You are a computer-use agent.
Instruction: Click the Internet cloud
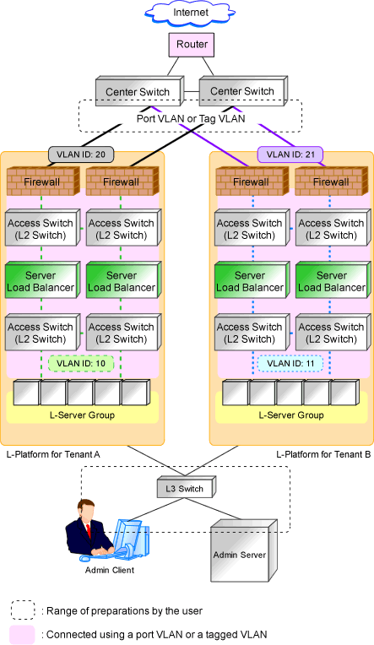click(x=190, y=14)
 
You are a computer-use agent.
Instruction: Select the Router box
click(x=192, y=45)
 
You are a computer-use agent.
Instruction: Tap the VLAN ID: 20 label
click(x=81, y=154)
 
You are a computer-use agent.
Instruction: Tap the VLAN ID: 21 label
click(x=290, y=154)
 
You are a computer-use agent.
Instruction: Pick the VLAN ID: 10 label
click(x=81, y=364)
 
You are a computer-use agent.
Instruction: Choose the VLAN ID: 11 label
click(x=290, y=364)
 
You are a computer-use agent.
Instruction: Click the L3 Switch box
click(x=186, y=489)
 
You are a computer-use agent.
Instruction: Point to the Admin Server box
click(x=244, y=550)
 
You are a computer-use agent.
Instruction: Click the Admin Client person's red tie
click(x=88, y=531)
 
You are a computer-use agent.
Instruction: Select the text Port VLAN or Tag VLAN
click(x=191, y=119)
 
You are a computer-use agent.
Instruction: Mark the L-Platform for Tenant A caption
click(x=53, y=454)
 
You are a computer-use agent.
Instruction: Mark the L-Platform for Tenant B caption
click(x=323, y=454)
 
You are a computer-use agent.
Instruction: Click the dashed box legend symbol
click(x=23, y=610)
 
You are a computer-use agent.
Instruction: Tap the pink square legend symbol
click(x=22, y=635)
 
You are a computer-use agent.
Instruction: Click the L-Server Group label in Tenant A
click(x=82, y=415)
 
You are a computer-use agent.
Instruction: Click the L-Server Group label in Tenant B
click(x=291, y=415)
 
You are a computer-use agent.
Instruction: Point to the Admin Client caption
click(x=110, y=570)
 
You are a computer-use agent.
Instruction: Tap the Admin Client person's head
click(x=87, y=511)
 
